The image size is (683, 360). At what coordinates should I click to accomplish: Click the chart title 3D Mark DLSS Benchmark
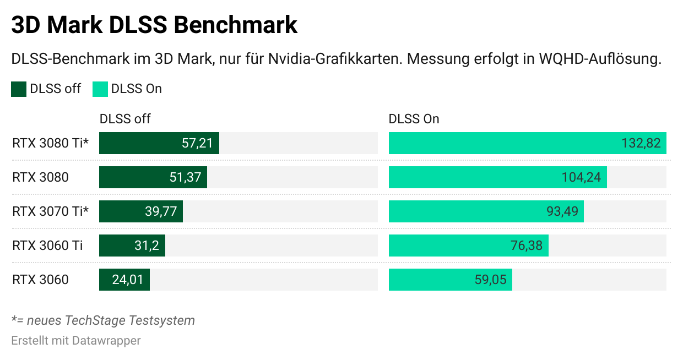[x=154, y=25]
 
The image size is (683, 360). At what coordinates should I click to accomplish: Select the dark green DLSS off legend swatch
[x=19, y=89]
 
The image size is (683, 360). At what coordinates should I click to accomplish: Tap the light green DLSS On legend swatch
[x=100, y=89]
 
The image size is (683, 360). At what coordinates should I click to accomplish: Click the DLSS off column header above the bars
[x=125, y=119]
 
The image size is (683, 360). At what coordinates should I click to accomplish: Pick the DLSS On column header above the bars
[x=414, y=119]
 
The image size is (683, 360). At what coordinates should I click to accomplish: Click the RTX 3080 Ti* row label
[x=50, y=143]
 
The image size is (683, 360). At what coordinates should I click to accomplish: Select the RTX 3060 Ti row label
[x=47, y=246]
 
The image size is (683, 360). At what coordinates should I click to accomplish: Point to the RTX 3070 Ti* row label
[x=50, y=211]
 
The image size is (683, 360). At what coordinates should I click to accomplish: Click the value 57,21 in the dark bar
[x=197, y=143]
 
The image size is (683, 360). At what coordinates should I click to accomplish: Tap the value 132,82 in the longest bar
[x=641, y=143]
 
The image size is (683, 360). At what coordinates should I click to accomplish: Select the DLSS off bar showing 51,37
[x=153, y=177]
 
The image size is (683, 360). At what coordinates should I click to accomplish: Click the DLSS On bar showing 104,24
[x=497, y=177]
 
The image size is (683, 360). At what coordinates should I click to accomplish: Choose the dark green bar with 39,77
[x=141, y=211]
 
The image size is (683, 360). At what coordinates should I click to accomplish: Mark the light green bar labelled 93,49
[x=486, y=211]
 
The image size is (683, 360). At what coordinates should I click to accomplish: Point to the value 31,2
[x=147, y=246]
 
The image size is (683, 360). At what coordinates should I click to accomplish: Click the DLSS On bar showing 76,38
[x=468, y=246]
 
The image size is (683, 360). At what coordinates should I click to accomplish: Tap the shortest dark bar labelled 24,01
[x=124, y=280]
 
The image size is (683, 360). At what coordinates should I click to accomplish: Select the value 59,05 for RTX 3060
[x=490, y=280]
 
